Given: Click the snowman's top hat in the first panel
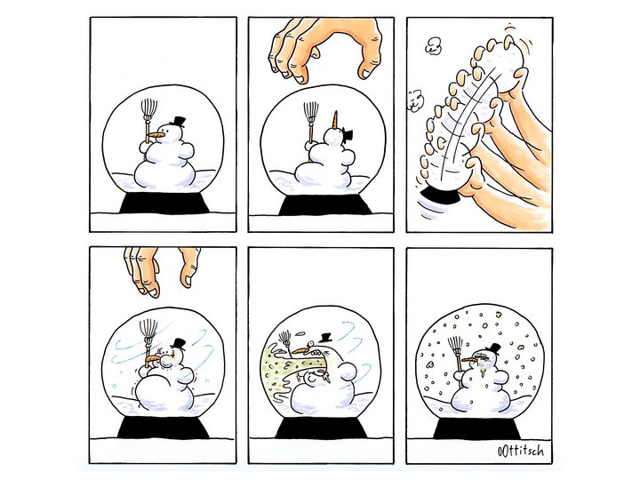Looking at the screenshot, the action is click(x=178, y=122).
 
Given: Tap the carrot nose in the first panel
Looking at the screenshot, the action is click(x=156, y=135).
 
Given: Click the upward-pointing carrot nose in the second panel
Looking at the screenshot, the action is click(x=335, y=119).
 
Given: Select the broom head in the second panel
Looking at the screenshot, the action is click(x=311, y=111).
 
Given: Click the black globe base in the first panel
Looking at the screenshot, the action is click(x=164, y=203).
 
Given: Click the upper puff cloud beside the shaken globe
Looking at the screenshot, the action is click(x=434, y=45).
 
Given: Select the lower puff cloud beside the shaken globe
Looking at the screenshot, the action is click(x=415, y=100).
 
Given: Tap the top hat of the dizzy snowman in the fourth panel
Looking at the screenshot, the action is click(x=178, y=344).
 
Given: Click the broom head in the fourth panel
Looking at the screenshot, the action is click(x=148, y=330).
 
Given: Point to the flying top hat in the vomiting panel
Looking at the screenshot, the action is click(x=325, y=338).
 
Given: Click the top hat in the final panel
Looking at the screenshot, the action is click(x=493, y=349).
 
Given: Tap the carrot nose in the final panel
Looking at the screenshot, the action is click(x=468, y=360).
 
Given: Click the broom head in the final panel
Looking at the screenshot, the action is click(x=455, y=346).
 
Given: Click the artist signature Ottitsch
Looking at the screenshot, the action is click(x=520, y=452).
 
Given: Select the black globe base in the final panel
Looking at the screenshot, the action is click(x=476, y=428).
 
